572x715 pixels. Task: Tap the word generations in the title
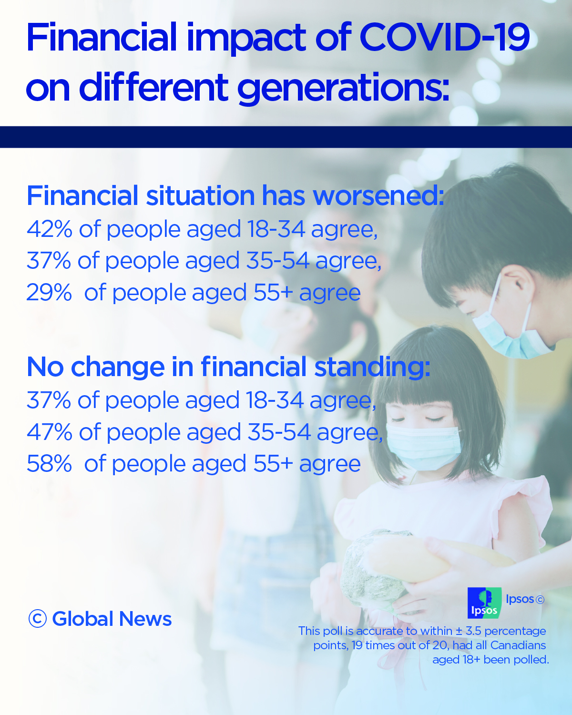[x=343, y=88]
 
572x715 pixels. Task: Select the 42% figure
[x=49, y=229]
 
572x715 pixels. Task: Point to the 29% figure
[x=49, y=293]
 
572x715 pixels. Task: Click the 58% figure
[x=49, y=464]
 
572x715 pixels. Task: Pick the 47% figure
[x=49, y=432]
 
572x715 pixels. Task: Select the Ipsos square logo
[x=484, y=603]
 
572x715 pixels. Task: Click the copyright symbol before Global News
[x=37, y=619]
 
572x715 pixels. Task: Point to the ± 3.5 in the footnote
[x=468, y=631]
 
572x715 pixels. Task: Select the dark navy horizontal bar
[x=286, y=137]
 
